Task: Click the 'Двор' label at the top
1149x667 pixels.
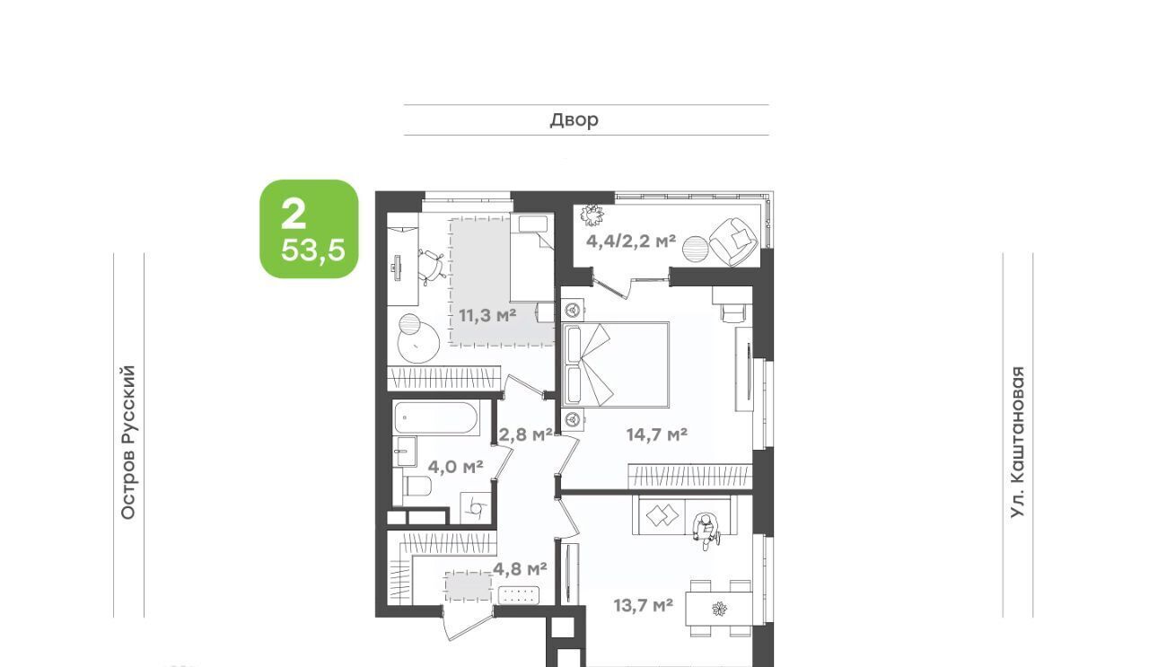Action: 574,120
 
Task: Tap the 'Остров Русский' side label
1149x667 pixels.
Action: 128,443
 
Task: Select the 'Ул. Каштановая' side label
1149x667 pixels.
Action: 1017,443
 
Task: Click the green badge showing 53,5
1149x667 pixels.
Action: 309,229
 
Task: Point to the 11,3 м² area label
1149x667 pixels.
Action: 487,315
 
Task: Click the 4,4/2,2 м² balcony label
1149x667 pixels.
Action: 631,241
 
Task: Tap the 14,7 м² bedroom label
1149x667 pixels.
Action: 657,434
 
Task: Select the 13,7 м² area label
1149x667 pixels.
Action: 644,605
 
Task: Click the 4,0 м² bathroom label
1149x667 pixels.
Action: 455,467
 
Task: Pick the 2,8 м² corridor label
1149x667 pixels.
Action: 526,434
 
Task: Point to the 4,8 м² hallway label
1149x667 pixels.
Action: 520,568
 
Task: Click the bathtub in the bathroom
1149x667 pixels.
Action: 436,418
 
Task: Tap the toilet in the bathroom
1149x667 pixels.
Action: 417,486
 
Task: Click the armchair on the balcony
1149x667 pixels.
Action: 733,242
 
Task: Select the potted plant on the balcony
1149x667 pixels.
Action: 592,215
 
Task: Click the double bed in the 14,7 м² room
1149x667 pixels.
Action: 616,364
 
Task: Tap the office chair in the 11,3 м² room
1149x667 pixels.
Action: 432,267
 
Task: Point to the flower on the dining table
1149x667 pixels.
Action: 719,609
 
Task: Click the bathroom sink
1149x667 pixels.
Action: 405,452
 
